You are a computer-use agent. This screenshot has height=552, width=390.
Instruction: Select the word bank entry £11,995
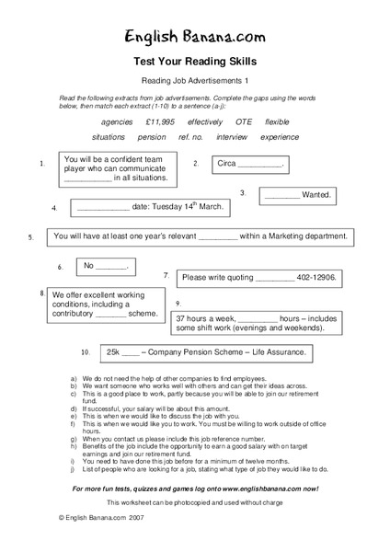[x=160, y=121]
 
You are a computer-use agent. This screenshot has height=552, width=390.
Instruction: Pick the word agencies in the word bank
[x=117, y=121]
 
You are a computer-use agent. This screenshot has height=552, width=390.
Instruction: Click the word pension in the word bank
[x=152, y=136]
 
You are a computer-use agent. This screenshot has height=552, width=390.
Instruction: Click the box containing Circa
[x=249, y=164]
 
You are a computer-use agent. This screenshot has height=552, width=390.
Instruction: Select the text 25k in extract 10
[x=113, y=351]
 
